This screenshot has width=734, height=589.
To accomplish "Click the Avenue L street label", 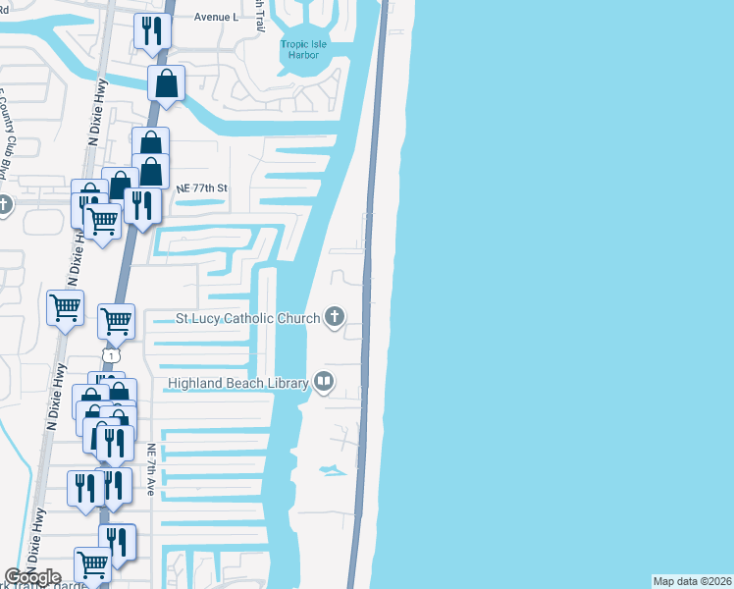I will tap(216, 18).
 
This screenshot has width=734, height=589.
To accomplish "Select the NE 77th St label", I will tap(201, 187).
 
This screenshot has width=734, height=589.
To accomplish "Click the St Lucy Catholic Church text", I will tap(247, 318).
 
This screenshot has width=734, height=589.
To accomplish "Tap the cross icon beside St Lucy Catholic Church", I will tap(335, 316).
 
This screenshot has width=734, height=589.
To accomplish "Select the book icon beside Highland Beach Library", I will tap(323, 382).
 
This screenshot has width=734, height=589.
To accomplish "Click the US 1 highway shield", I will tap(113, 355).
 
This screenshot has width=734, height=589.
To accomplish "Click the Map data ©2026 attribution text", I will tap(692, 581).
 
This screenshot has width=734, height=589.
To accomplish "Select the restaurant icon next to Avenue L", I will tap(152, 31).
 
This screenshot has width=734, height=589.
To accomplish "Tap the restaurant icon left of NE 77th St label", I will tap(143, 206).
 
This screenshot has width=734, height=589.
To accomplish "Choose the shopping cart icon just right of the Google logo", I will tap(92, 565).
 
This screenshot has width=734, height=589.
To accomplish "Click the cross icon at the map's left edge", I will tap(4, 205).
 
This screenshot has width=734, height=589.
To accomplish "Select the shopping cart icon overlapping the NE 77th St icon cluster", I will tap(101, 221).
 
